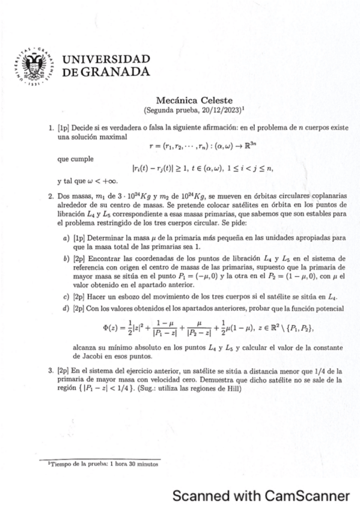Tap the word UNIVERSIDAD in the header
[x=106, y=59]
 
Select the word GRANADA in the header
[x=117, y=72]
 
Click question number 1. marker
[x=51, y=128]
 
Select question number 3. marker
[x=51, y=372]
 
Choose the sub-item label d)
[x=66, y=308]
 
